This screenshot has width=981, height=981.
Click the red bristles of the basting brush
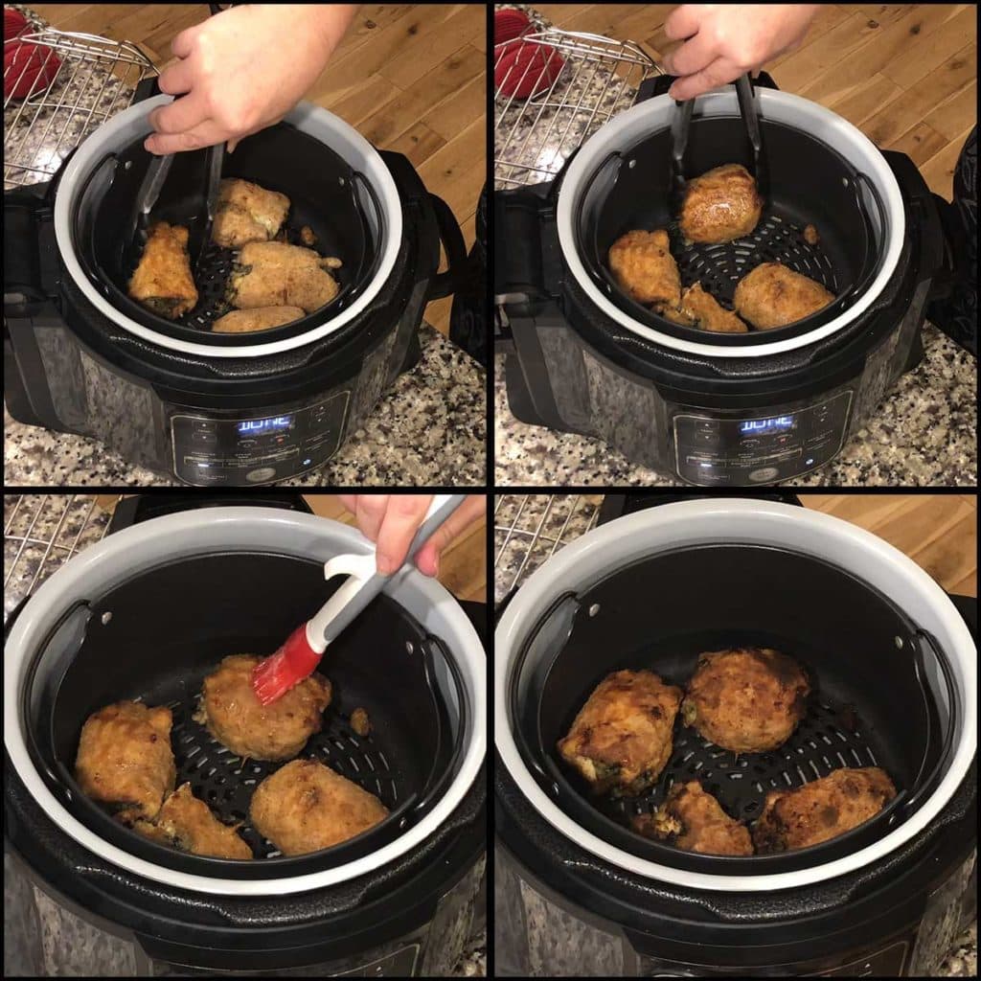click(x=285, y=666)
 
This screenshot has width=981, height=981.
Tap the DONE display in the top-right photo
click(x=766, y=424)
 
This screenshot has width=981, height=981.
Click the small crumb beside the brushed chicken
click(x=359, y=721)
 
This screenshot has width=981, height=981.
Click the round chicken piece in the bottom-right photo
click(x=747, y=699)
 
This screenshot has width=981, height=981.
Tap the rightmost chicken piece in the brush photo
click(x=318, y=807)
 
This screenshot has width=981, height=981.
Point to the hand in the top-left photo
click(x=244, y=72)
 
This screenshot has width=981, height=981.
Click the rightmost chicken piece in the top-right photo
click(x=783, y=295)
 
